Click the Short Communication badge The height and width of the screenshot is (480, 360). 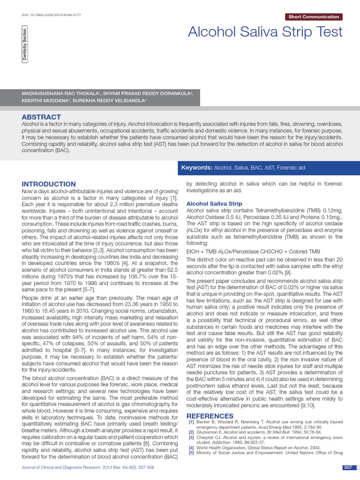tap(314, 17)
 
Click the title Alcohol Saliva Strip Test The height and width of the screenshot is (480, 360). tap(265, 32)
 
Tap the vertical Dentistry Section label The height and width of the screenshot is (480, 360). tap(24, 45)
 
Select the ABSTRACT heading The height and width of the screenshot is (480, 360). tap(41, 117)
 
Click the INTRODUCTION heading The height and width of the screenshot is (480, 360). tap(49, 184)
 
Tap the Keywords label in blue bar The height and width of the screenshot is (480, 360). tap(197, 168)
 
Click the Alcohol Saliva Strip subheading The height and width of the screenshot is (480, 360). tap(214, 204)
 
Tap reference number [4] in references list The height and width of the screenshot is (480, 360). tap(191, 447)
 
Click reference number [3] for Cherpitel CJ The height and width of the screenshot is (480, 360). tap(191, 437)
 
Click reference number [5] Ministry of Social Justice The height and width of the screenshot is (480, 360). tap(191, 452)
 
